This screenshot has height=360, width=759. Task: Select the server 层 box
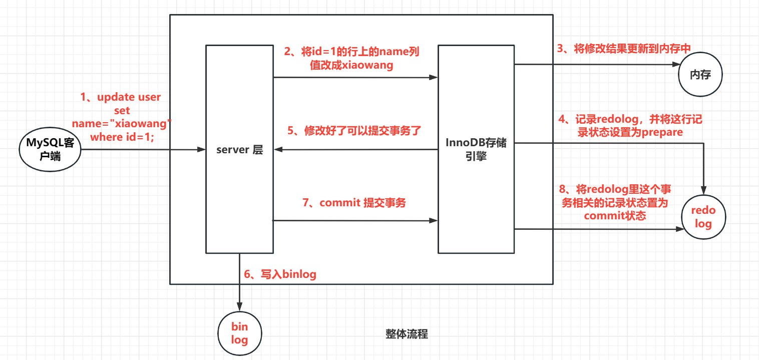click(x=239, y=149)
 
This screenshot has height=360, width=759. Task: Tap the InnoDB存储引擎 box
click(x=476, y=149)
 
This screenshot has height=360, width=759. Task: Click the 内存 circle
click(x=700, y=75)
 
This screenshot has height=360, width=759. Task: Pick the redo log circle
click(x=703, y=217)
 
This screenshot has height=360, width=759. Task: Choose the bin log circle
click(x=240, y=333)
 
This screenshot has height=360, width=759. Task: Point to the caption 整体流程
click(x=407, y=334)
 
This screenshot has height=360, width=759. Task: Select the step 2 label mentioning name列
click(x=351, y=58)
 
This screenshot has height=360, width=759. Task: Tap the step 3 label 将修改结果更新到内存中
click(x=624, y=48)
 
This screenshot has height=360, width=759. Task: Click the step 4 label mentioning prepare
click(x=632, y=126)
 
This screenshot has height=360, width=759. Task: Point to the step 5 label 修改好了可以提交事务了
click(x=354, y=131)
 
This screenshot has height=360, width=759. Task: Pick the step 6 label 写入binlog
click(x=280, y=274)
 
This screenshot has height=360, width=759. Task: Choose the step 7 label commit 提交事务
click(x=354, y=203)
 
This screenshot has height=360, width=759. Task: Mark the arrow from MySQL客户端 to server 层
click(x=143, y=149)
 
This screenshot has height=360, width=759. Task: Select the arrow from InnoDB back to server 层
click(x=355, y=149)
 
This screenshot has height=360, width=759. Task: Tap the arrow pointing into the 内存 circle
click(x=596, y=64)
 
